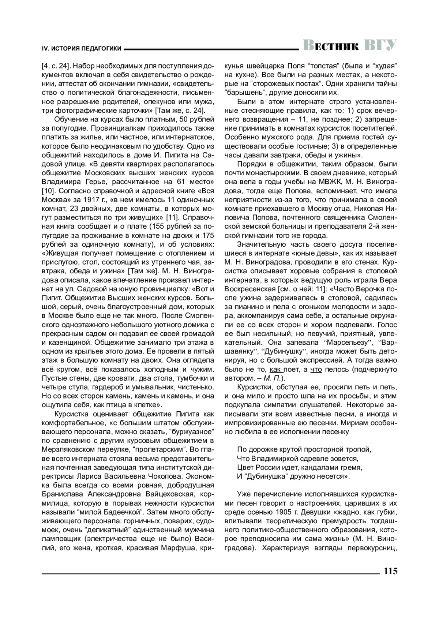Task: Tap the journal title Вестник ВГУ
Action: click(x=350, y=45)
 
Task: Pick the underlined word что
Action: click(x=316, y=370)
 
